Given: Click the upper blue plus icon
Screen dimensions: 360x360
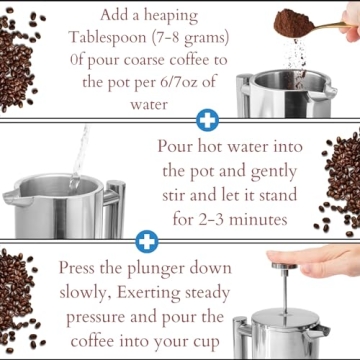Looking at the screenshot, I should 207,121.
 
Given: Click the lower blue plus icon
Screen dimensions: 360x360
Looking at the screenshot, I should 147,241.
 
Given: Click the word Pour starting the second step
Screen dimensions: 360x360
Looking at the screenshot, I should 181,146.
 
